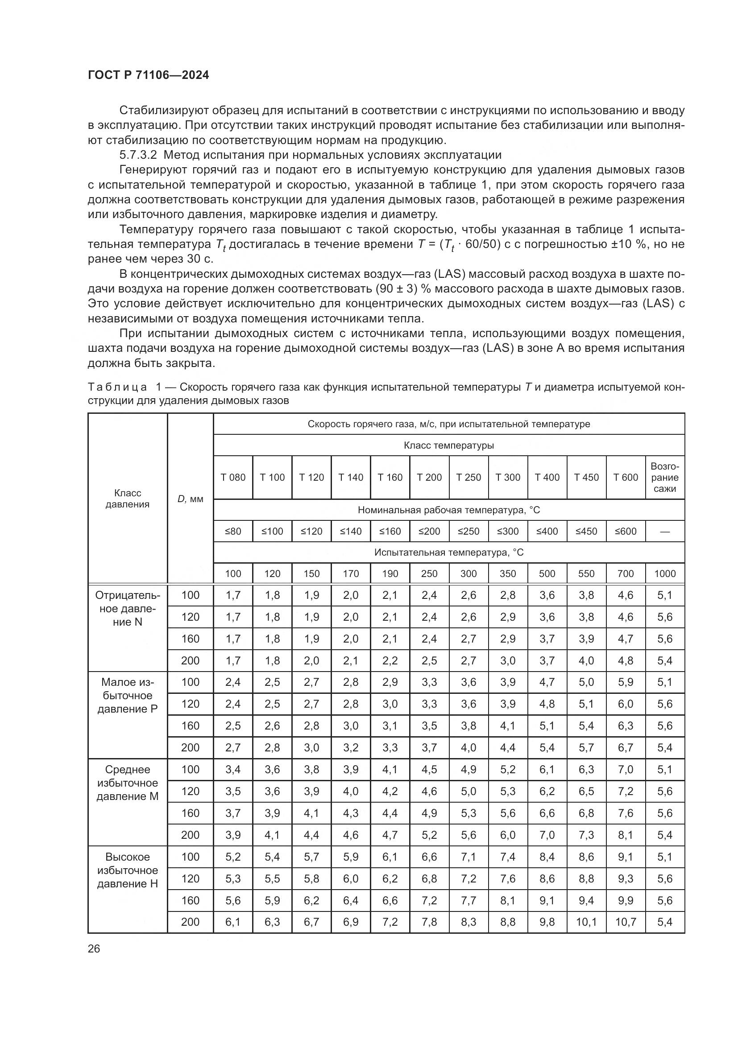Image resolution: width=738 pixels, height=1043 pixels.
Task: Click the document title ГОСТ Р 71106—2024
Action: (x=148, y=75)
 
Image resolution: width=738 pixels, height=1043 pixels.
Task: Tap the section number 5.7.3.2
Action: (x=138, y=155)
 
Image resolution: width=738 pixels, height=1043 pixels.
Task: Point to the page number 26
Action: (x=94, y=948)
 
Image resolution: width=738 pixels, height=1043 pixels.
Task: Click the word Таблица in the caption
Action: (x=117, y=387)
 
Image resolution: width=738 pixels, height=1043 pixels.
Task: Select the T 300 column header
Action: (x=508, y=478)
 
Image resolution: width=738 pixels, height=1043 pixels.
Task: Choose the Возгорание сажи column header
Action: (x=664, y=478)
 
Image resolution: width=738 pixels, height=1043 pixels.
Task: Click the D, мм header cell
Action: (x=190, y=499)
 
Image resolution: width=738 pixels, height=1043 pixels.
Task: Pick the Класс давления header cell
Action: (x=127, y=499)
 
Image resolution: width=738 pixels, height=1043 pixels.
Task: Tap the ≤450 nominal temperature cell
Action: (x=586, y=531)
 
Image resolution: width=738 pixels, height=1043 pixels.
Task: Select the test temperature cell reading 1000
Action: (x=664, y=574)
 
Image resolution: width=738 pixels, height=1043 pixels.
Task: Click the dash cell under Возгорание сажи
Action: (x=664, y=531)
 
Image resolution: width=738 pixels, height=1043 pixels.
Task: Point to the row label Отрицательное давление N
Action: (x=127, y=609)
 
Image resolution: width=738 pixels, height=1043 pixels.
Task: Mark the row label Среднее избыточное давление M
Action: (x=127, y=783)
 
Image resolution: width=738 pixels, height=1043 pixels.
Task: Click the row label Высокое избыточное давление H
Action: (x=127, y=870)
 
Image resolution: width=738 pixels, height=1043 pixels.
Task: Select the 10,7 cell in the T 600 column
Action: (x=625, y=922)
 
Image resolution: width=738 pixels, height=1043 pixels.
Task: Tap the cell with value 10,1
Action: (x=586, y=922)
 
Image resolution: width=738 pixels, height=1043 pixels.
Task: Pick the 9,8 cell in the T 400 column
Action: (x=547, y=922)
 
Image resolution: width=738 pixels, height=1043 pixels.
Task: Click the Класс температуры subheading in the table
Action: (x=448, y=445)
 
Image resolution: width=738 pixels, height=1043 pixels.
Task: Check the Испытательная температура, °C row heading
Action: (x=448, y=552)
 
